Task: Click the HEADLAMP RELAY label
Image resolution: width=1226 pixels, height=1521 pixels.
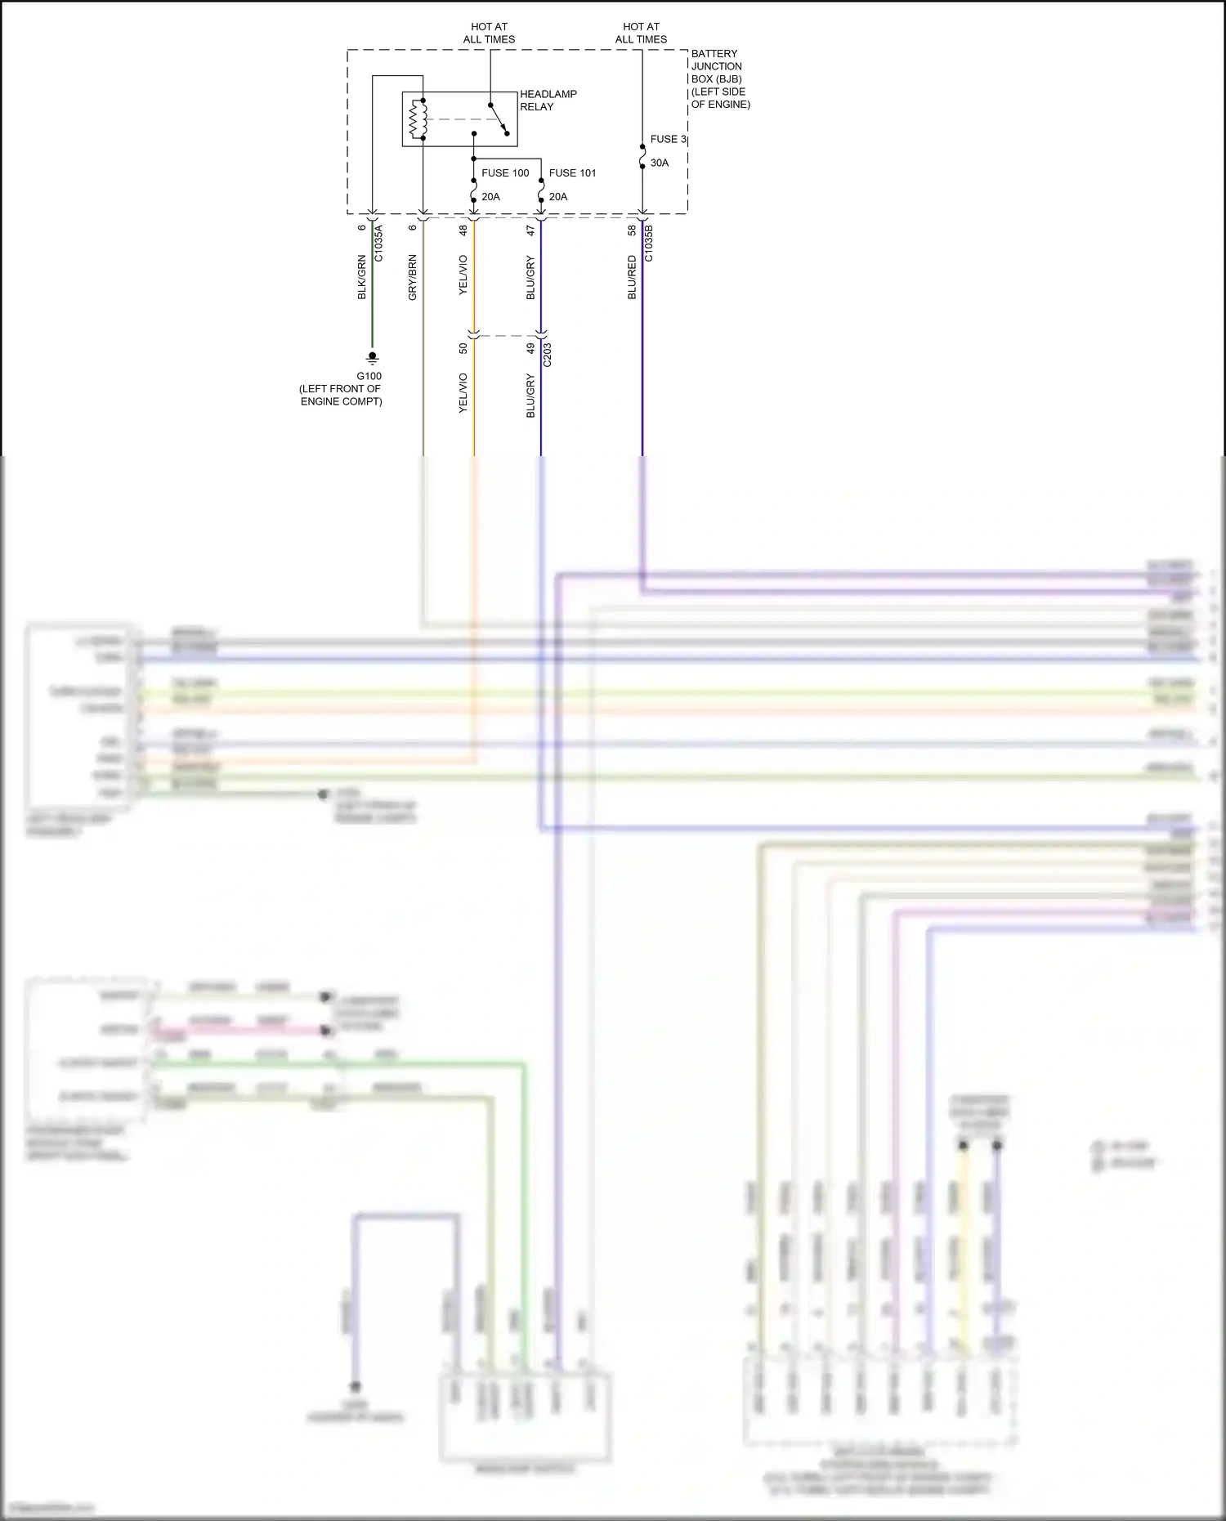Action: pyautogui.click(x=548, y=101)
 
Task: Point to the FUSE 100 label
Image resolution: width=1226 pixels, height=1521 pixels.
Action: pyautogui.click(x=505, y=173)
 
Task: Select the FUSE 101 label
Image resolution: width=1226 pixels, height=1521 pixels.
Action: pyautogui.click(x=572, y=173)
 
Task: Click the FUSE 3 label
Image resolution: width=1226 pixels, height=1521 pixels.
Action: pyautogui.click(x=668, y=140)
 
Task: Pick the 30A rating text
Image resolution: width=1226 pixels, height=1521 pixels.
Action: pyautogui.click(x=660, y=163)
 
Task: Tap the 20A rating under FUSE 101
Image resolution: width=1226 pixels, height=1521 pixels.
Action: pyautogui.click(x=558, y=197)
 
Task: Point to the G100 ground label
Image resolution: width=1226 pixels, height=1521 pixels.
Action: pyautogui.click(x=369, y=376)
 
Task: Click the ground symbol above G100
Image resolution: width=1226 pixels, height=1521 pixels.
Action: pyautogui.click(x=372, y=357)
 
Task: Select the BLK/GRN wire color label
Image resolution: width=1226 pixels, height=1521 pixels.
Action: pyautogui.click(x=362, y=277)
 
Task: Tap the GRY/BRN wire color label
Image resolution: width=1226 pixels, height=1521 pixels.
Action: pyautogui.click(x=413, y=277)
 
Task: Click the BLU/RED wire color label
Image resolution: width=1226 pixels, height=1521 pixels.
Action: pyautogui.click(x=632, y=277)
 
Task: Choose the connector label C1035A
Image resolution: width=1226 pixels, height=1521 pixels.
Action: pyautogui.click(x=378, y=244)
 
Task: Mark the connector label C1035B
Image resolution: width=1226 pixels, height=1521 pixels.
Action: pyautogui.click(x=649, y=244)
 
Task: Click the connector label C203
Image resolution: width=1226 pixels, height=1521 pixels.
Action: pyautogui.click(x=548, y=354)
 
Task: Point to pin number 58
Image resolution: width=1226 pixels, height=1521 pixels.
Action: pyautogui.click(x=632, y=231)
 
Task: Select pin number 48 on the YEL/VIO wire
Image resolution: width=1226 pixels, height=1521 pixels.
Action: pyautogui.click(x=463, y=231)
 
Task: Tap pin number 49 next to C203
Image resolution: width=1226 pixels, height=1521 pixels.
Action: pyautogui.click(x=530, y=348)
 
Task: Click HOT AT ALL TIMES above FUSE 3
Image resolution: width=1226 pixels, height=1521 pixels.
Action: pyautogui.click(x=641, y=33)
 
